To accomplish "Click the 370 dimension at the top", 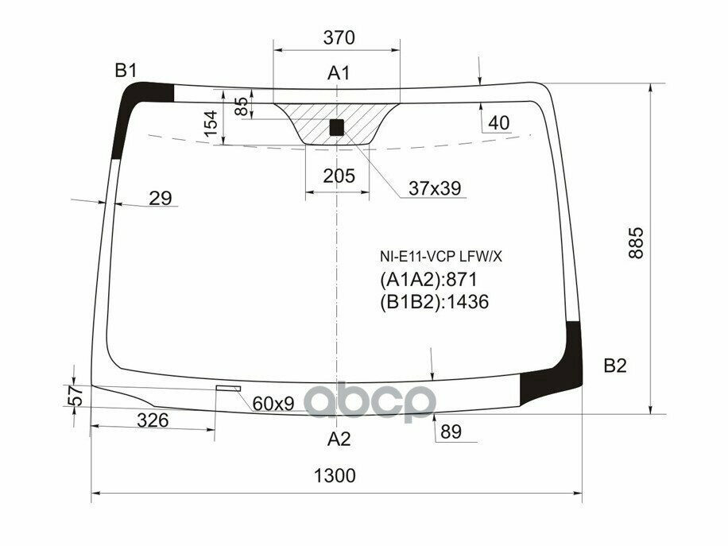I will pos(339,37).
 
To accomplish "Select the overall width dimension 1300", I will pos(334,476).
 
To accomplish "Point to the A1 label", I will pos(339,74).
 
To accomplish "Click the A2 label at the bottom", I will pos(339,439).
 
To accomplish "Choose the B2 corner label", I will pos(615,366).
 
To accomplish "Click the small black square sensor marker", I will pos(337,126).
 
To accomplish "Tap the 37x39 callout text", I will pos(435,188).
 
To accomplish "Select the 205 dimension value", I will pos(339,176).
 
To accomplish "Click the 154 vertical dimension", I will pos(211,126).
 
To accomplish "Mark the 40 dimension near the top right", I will pos(498,123).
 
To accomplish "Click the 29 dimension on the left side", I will pos(161,199).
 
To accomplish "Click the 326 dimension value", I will pos(152,420).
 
